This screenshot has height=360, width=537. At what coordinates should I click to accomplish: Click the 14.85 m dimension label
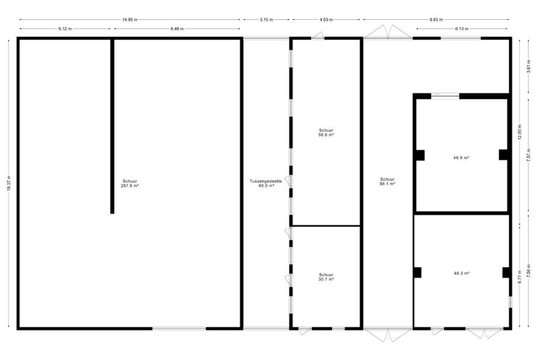coord(130,19)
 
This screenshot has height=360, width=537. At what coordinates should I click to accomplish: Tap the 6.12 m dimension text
coord(65,29)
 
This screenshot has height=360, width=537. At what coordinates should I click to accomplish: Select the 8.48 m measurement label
coord(177,29)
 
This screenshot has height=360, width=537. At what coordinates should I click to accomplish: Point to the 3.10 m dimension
coord(266,19)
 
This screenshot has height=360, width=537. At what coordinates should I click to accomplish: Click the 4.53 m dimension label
coord(326,19)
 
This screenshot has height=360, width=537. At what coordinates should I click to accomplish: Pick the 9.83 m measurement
coord(436,19)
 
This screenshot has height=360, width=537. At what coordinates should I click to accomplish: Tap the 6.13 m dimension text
coord(462,29)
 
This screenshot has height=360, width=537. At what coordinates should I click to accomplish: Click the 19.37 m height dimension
coord(9,183)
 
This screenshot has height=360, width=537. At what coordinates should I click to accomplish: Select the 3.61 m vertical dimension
coord(528,66)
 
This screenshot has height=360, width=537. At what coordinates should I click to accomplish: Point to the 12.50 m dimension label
coord(520,132)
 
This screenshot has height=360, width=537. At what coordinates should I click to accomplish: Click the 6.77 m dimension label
coord(520,277)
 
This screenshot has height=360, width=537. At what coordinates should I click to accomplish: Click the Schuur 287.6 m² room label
coord(130,183)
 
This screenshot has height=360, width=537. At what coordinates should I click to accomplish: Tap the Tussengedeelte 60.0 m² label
coord(266,183)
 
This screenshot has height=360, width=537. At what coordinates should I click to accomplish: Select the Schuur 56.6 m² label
coord(326,132)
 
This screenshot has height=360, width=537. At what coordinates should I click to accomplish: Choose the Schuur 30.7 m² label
coord(326,277)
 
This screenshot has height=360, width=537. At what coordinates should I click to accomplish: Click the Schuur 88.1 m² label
coord(388,181)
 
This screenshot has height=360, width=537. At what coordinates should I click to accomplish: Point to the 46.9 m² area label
coord(461,158)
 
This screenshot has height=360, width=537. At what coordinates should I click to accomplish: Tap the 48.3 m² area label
coord(461,274)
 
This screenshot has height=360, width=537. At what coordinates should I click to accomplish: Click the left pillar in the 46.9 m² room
coord(420,155)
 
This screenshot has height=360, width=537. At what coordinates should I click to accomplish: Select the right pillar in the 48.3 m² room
coord(506,272)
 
